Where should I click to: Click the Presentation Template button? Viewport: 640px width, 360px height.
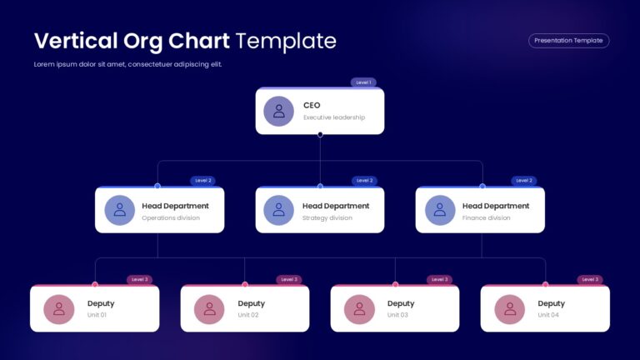(x=568, y=40)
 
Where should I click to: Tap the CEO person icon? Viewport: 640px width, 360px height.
(x=279, y=111)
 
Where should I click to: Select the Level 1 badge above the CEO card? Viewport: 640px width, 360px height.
(x=363, y=82)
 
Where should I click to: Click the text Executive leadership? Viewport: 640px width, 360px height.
(x=334, y=117)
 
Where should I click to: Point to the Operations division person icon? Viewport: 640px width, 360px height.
(x=120, y=210)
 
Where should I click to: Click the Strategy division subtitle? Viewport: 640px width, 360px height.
(x=327, y=218)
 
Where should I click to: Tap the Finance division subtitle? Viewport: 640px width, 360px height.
(x=486, y=218)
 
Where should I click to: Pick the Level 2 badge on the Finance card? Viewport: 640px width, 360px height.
(x=524, y=180)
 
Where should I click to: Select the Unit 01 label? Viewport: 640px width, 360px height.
(x=97, y=315)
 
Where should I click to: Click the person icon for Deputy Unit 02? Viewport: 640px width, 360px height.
(x=209, y=309)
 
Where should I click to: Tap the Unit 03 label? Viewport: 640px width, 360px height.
(x=397, y=315)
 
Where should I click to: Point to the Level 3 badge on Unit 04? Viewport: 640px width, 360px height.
(x=590, y=280)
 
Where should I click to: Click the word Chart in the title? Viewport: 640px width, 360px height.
(x=199, y=41)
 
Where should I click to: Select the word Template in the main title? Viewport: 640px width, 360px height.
(x=286, y=41)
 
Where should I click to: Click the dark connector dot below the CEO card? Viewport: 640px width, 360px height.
(x=320, y=134)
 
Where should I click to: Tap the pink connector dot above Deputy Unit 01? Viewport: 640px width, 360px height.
(x=95, y=284)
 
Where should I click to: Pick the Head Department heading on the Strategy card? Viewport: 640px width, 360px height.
(x=336, y=206)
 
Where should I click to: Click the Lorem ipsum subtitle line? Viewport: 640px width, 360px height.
(x=127, y=64)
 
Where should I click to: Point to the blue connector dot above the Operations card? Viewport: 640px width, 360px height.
(x=157, y=186)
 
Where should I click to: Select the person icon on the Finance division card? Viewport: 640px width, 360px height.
(x=440, y=210)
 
